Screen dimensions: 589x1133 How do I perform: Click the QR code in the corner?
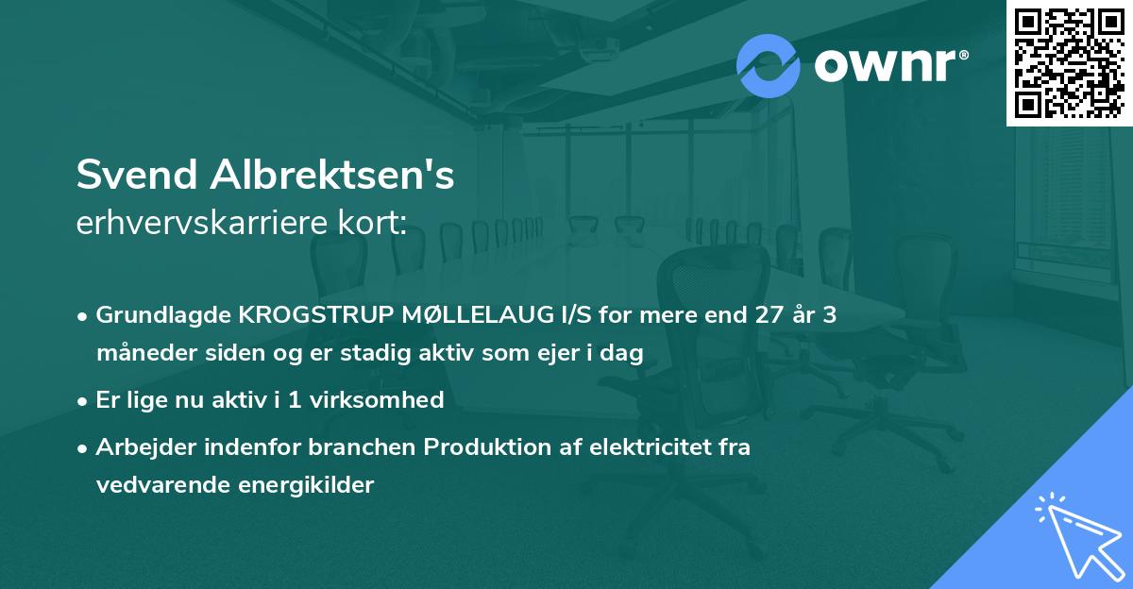coord(1069,62)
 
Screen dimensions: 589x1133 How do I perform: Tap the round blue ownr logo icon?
coord(769,66)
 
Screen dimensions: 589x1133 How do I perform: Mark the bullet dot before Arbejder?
coord(84,448)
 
